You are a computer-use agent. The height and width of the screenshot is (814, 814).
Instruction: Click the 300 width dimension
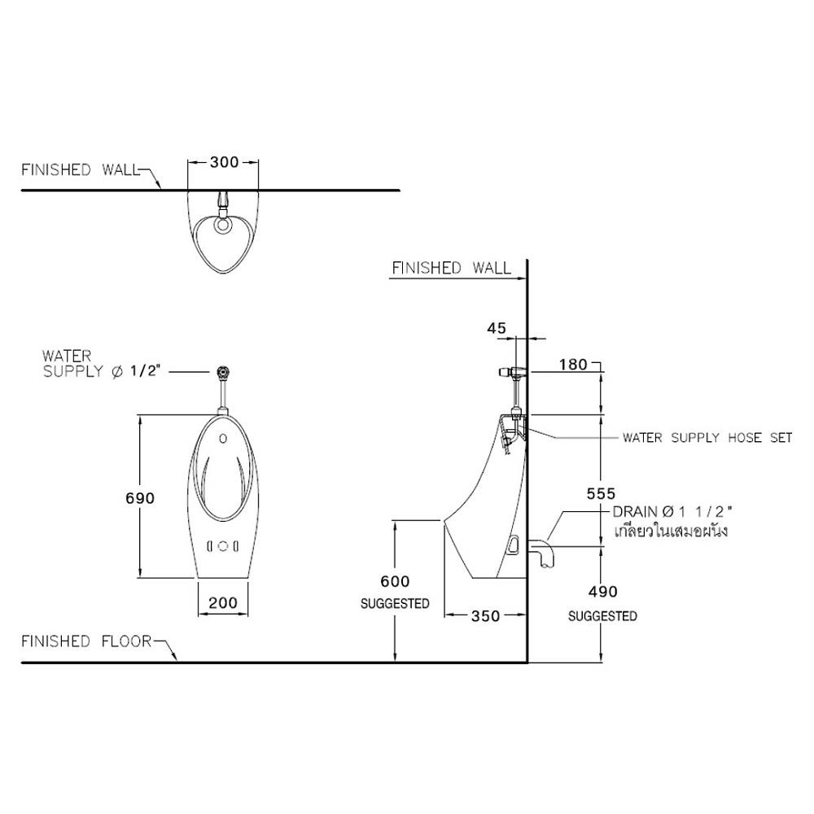pos(224,162)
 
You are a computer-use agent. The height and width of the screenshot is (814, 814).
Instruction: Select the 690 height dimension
pos(140,498)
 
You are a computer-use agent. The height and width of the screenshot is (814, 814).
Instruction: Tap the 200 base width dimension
pos(223,602)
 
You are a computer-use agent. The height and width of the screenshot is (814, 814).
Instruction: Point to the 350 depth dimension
pos(485,615)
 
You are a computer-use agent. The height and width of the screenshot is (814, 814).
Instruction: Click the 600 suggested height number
pos(395,581)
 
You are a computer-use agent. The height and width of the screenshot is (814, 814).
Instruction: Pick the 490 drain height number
pos(602,591)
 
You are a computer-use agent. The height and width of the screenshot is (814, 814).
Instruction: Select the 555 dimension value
pos(602,493)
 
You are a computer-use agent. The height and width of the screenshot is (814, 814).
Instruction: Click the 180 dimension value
pos(573,365)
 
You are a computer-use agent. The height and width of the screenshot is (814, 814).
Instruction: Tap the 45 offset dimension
pos(497,328)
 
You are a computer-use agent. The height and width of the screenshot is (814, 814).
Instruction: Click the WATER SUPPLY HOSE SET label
pos(707,438)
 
